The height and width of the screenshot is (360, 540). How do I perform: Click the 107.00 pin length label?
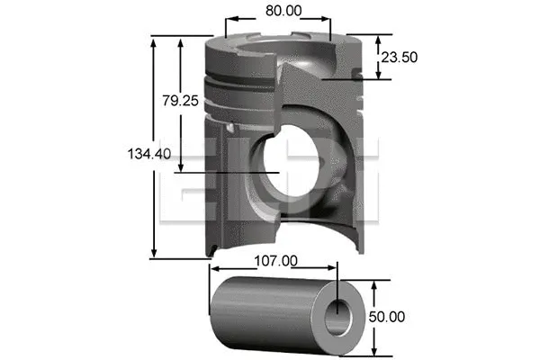[274, 261]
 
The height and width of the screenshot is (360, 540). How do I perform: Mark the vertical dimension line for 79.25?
[183, 135]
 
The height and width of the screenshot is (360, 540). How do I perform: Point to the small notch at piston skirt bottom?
[210, 247]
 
